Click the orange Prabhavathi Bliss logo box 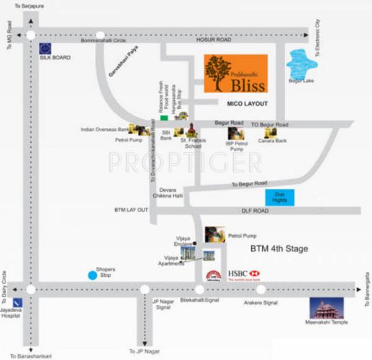(x=236, y=73)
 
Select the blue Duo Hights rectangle (x=280, y=198)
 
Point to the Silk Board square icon (x=45, y=48)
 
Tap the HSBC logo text (x=244, y=274)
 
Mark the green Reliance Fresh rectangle (x=164, y=117)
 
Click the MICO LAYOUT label (x=247, y=104)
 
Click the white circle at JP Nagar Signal (x=144, y=289)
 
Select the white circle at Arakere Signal (x=260, y=289)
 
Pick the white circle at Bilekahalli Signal (x=199, y=289)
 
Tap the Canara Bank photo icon (x=270, y=132)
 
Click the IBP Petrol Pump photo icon (x=236, y=133)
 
